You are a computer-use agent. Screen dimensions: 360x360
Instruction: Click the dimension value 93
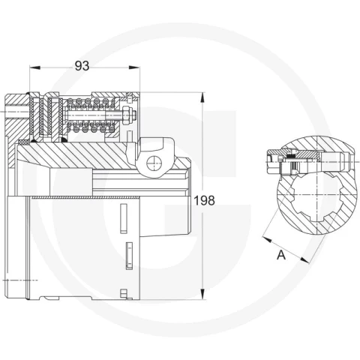pos(82,66)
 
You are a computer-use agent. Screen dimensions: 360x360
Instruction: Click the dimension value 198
pos(205,200)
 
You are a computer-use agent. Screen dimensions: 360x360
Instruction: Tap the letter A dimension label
pos(281,255)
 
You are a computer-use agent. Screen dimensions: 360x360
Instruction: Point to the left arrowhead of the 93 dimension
pos(34,67)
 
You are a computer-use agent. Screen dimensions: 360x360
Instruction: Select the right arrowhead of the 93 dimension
pos(134,67)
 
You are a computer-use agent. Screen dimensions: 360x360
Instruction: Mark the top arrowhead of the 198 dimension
pos(202,97)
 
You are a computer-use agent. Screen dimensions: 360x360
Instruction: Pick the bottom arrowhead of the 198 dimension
pos(202,294)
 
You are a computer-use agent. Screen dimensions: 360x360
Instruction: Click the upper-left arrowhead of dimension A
pos(267,239)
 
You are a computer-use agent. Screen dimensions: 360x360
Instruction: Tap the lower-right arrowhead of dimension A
pos(304,259)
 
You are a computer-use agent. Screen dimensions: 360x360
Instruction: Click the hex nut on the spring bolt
pos(126,115)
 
